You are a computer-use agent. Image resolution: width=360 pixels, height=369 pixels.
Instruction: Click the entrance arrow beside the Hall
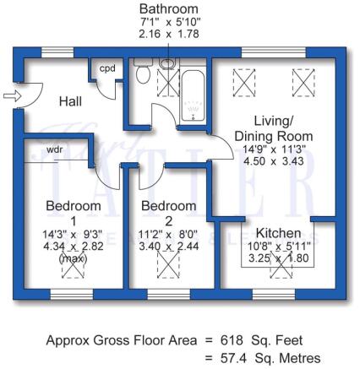tap(10, 97)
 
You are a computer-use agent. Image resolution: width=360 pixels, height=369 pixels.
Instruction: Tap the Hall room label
tap(72, 102)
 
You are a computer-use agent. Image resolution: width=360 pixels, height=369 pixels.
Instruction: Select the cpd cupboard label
tap(107, 68)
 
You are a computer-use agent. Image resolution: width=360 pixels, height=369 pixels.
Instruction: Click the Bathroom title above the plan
tap(169, 9)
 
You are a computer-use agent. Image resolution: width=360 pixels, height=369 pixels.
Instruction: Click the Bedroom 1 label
tap(67, 213)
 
